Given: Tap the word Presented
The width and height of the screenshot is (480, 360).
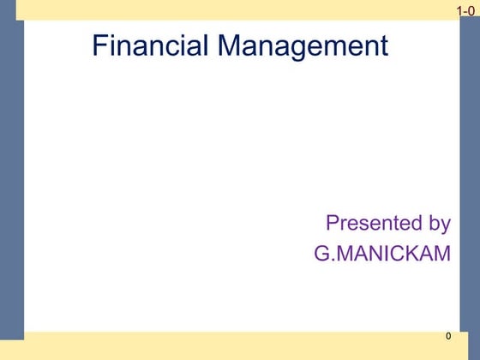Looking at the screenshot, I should pyautogui.click(x=371, y=224).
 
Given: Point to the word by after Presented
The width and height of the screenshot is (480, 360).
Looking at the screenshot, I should pyautogui.click(x=438, y=225).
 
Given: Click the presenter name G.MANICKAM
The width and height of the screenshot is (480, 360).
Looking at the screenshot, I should pyautogui.click(x=382, y=255).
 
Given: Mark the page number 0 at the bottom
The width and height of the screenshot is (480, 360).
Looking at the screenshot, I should pyautogui.click(x=447, y=335).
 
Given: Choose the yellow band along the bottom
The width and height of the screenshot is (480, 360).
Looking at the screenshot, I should pyautogui.click(x=240, y=345).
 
